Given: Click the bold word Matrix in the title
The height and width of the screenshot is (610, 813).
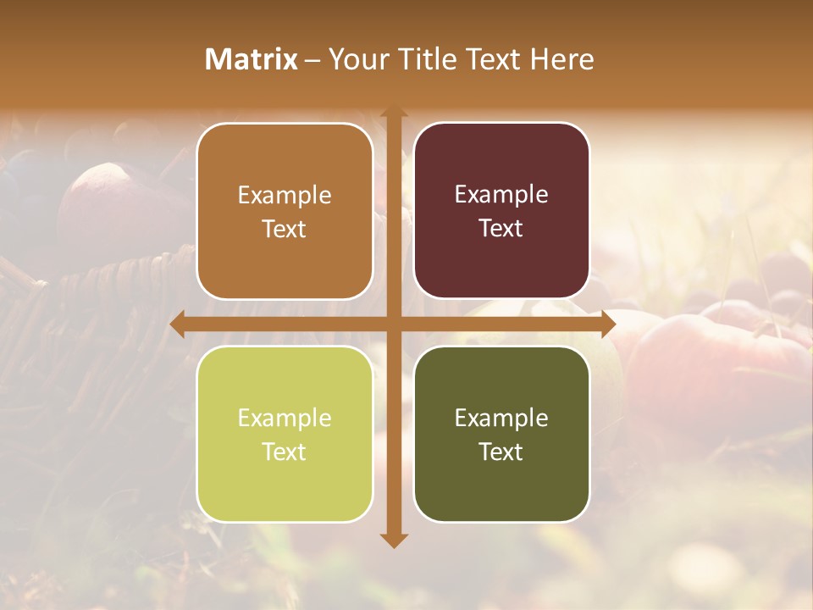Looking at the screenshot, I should (252, 59).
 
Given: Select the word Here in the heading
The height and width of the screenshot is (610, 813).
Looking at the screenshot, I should (561, 59).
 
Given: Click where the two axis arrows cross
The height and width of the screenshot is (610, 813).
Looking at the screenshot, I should (394, 324).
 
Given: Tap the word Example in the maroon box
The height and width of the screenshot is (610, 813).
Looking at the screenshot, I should (501, 195).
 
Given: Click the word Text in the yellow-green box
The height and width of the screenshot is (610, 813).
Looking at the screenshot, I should (285, 452).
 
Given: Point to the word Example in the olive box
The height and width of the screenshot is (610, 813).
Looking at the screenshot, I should (501, 418).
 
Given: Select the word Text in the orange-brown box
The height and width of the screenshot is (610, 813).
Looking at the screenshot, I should (285, 229).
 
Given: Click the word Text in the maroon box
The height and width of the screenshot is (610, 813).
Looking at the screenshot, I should (501, 228).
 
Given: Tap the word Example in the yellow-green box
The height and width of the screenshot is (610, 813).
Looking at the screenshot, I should (285, 418).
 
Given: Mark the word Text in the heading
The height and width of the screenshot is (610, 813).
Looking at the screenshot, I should (494, 59).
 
